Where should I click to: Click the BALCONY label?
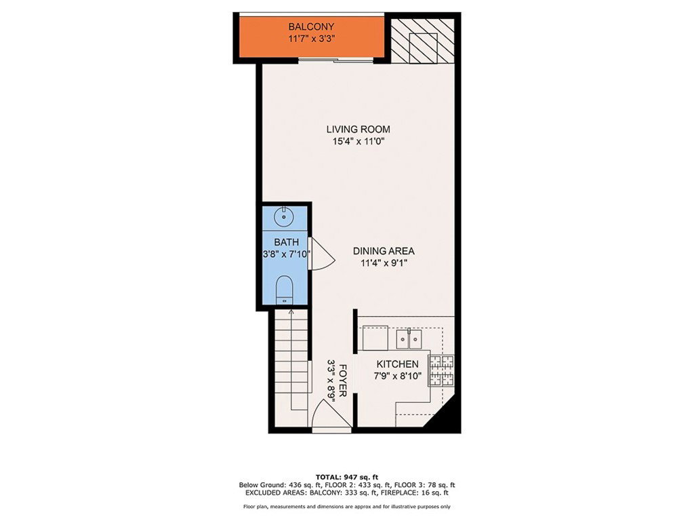click(311, 26)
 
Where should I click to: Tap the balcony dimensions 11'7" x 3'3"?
click(311, 39)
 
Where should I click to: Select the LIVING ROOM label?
click(359, 130)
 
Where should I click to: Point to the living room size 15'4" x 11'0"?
click(359, 142)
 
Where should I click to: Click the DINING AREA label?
click(384, 251)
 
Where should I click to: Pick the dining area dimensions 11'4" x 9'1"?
click(384, 263)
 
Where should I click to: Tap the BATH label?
click(287, 242)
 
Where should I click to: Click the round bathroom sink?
click(284, 218)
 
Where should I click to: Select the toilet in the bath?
click(284, 290)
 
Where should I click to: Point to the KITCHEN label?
click(397, 364)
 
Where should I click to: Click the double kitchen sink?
click(409, 340)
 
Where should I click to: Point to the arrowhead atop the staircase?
click(291, 312)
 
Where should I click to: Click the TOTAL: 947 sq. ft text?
click(347, 477)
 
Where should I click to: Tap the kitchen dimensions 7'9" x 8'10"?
click(397, 377)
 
